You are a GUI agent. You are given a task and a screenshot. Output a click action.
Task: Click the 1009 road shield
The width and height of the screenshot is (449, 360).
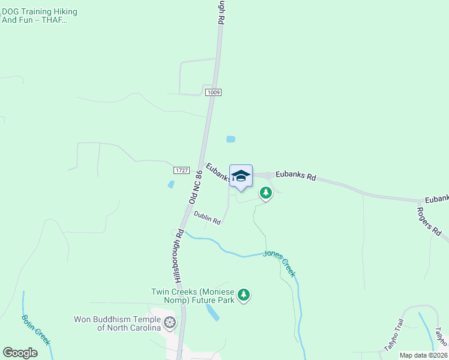(x=213, y=92)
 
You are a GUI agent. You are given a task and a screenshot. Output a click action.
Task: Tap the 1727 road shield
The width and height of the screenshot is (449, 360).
(x=182, y=170)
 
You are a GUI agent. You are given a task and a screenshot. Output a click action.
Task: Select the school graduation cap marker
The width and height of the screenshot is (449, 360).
(x=241, y=176)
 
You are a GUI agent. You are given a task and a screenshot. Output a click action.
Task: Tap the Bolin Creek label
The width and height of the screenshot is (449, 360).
(x=36, y=329)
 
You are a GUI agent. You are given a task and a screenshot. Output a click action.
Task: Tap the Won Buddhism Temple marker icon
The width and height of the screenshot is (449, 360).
(x=170, y=323)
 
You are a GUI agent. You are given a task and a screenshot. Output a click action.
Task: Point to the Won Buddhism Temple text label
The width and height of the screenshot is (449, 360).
(x=117, y=323)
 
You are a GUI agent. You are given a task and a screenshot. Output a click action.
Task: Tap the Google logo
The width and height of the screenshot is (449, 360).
(x=20, y=353)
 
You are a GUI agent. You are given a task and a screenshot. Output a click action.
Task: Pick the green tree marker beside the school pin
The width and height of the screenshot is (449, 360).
(x=265, y=193)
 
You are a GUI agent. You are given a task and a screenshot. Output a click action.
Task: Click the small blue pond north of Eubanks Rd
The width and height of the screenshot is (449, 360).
(x=231, y=139)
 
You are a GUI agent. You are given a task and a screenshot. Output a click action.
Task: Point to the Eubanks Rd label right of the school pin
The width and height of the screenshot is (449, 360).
(x=295, y=176)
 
